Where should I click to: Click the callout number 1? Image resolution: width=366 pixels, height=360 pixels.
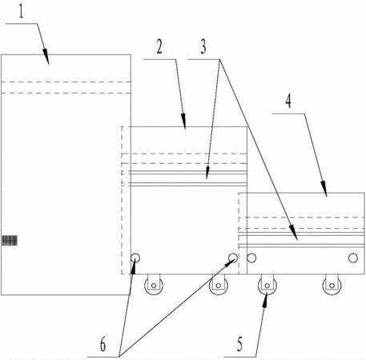[x=21, y=12]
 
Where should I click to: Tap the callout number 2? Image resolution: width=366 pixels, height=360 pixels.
[x=159, y=47]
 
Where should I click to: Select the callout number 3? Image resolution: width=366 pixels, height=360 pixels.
[x=203, y=47]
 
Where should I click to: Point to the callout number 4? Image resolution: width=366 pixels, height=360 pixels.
[x=288, y=102]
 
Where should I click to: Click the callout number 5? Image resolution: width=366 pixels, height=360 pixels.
[x=240, y=344]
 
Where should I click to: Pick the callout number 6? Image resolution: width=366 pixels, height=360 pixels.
[x=103, y=344]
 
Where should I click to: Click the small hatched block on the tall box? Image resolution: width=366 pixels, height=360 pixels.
[x=10, y=241]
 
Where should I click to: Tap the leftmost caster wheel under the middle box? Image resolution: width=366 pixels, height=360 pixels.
[x=154, y=285]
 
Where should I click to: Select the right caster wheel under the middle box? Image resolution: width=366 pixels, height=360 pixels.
[x=219, y=285]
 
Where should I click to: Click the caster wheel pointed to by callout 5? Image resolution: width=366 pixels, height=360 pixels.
[x=267, y=285]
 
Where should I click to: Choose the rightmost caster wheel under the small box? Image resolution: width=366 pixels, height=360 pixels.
[x=332, y=285]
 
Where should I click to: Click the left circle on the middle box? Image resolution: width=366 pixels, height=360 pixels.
[x=135, y=258]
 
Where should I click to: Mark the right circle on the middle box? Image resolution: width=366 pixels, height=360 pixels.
[x=233, y=258]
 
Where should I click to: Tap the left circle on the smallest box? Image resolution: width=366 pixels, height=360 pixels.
[x=251, y=258]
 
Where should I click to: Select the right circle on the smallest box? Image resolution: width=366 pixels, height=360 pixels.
[x=353, y=258]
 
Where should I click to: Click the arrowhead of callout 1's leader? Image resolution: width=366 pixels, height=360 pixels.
[x=46, y=57]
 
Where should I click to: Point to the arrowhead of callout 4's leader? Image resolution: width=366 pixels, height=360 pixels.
[x=324, y=189]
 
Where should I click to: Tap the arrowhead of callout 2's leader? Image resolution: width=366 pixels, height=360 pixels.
[x=183, y=122]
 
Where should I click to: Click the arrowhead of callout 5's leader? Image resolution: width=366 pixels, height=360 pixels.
[x=265, y=301]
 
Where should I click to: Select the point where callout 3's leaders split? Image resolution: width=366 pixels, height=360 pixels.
[x=219, y=59]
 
